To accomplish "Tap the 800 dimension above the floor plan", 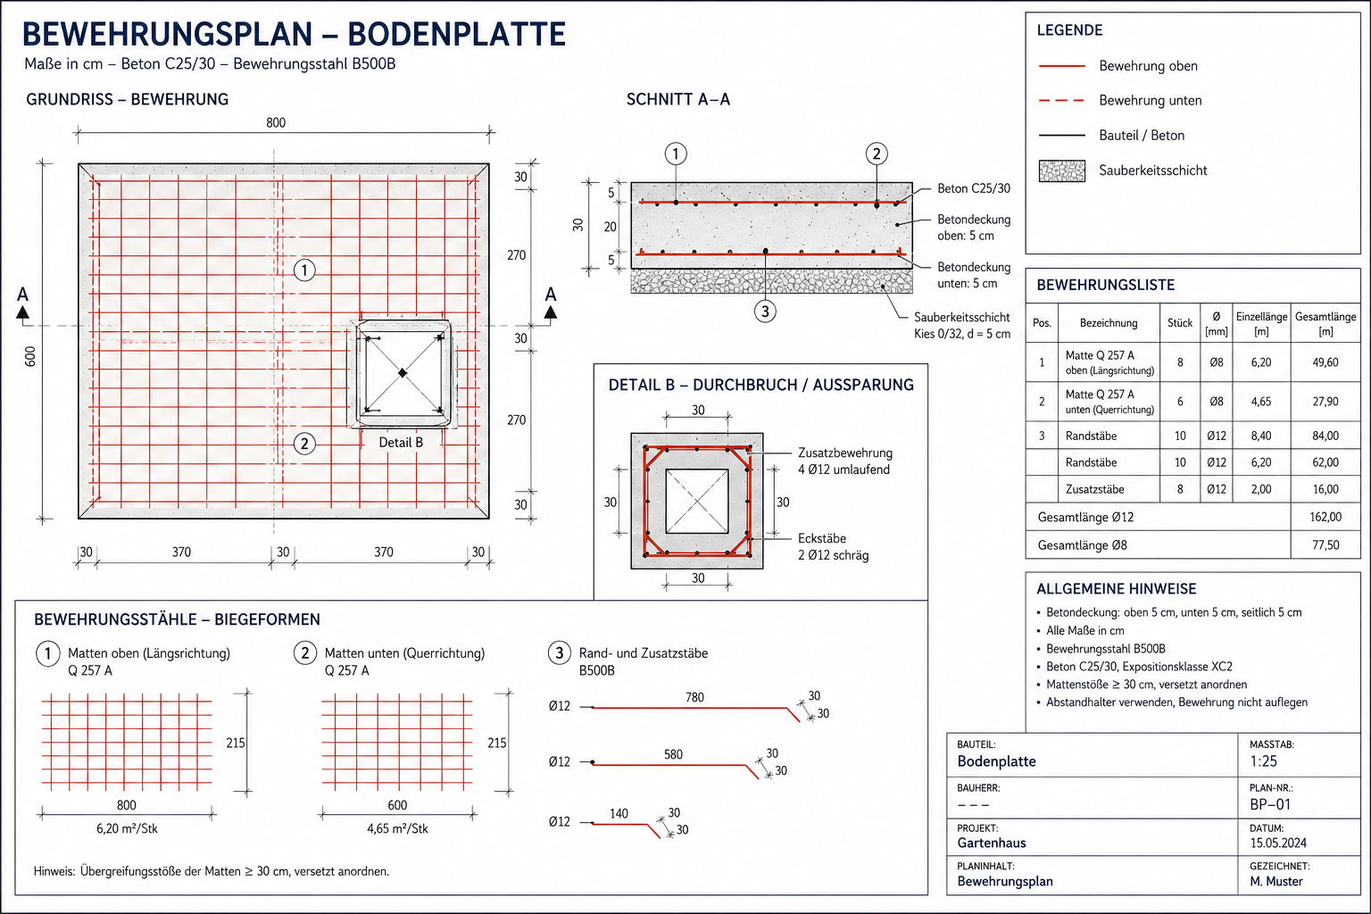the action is point(276,122).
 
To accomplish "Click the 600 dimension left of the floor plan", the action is point(30,356).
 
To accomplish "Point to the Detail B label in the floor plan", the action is point(401,442).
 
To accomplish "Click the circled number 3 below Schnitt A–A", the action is point(764,312).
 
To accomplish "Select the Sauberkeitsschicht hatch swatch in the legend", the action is point(1062,170).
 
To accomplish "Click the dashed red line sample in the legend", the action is point(1062,100).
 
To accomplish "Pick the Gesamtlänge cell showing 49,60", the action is point(1325,362).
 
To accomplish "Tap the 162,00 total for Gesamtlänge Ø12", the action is point(1325,517).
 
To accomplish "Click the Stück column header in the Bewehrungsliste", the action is point(1179,322).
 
